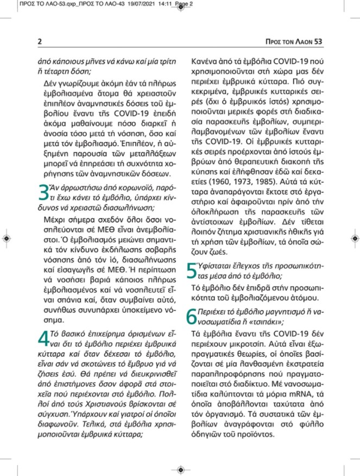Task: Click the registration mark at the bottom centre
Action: coord(180,466)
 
